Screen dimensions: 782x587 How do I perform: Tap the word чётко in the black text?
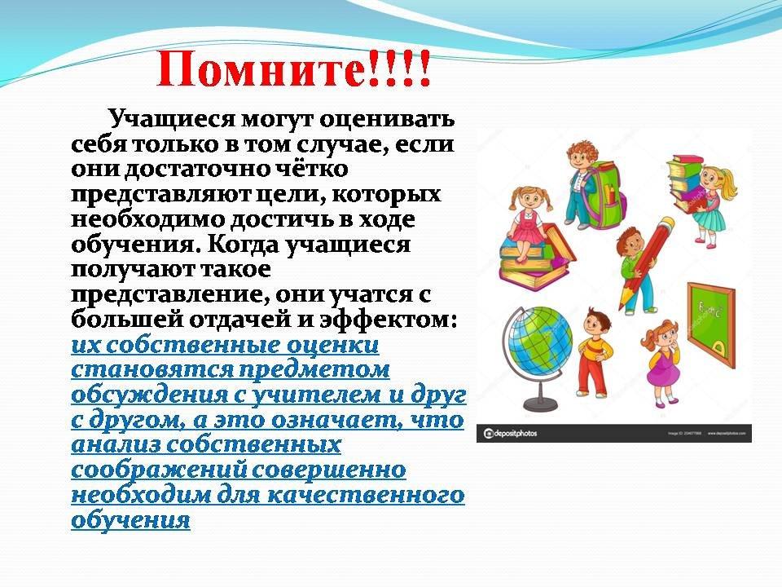312,169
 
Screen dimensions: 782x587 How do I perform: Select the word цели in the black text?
288,195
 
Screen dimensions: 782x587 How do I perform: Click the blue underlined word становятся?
152,370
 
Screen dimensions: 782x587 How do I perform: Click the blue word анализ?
112,445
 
